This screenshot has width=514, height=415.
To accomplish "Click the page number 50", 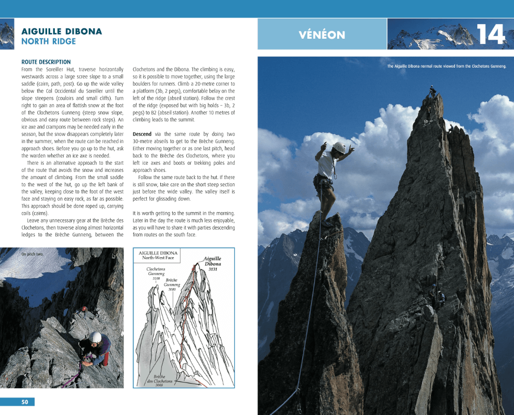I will tap(24, 402).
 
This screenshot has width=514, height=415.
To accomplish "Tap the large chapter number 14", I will tap(490, 35).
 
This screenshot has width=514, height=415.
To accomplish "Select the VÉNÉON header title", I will tap(322, 35).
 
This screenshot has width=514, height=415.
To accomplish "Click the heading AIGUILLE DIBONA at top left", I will tap(62, 31).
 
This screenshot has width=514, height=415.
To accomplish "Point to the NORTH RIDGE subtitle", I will tap(49, 41).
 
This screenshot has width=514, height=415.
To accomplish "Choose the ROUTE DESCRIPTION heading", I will tap(46, 62).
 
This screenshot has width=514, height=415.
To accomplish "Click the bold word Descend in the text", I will tap(142, 134).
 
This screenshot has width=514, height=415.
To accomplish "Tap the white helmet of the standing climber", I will tap(338, 147).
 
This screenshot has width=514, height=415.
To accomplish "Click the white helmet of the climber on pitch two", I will tap(95, 337).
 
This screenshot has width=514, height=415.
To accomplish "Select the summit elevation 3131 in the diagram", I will tap(213, 269).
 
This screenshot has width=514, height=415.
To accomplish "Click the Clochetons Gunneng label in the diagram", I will tap(156, 272).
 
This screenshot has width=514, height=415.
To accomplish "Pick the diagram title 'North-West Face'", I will tap(158, 258).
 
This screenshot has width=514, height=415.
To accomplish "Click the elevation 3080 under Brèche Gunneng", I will tap(172, 290).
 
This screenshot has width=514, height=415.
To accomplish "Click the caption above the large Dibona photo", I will tap(446, 66).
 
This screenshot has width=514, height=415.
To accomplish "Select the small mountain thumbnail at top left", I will tap(7, 34).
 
